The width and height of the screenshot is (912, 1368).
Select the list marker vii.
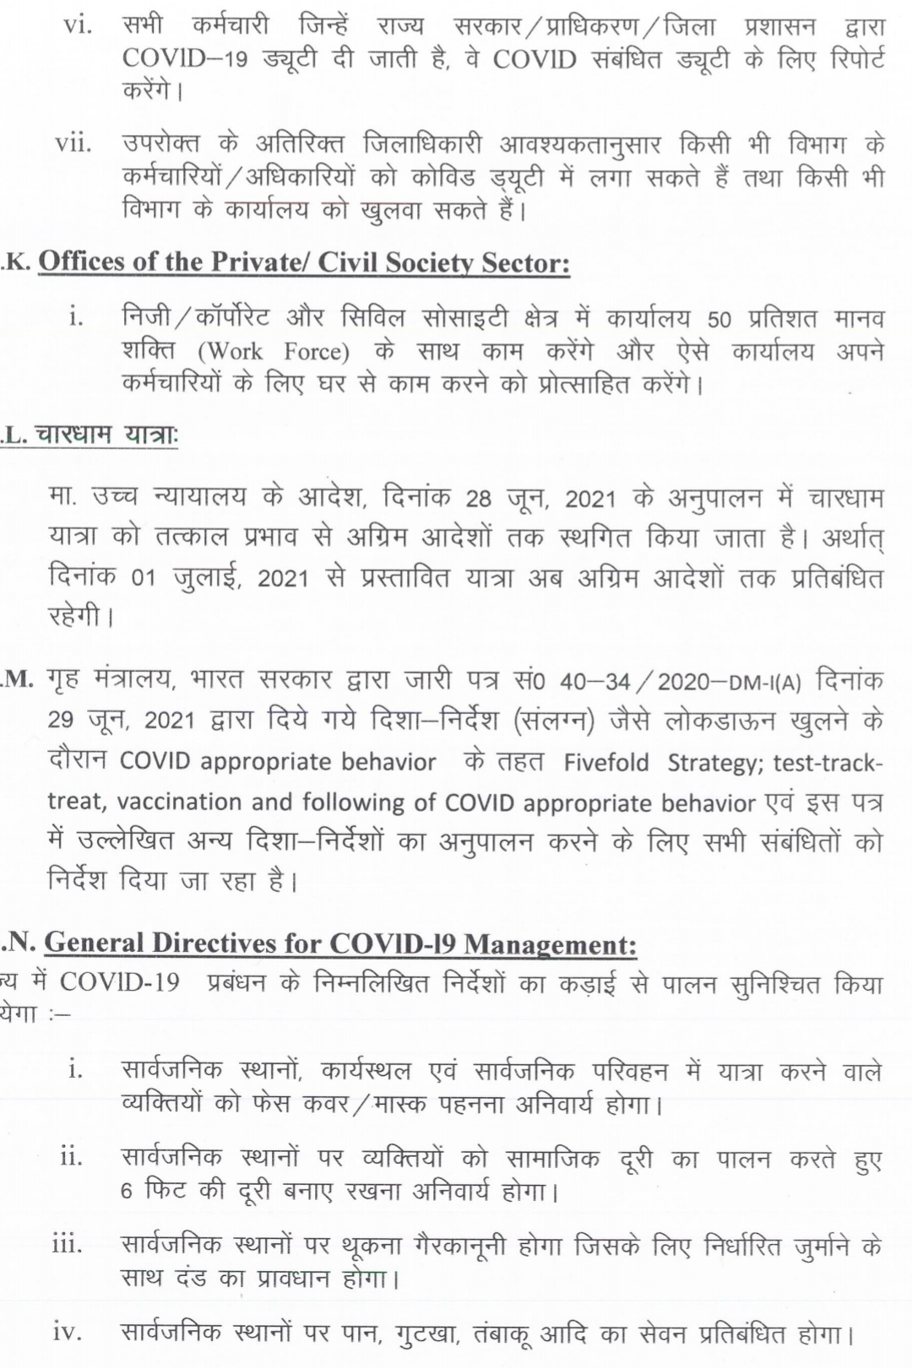[73, 144]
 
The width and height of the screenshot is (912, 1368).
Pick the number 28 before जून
[478, 499]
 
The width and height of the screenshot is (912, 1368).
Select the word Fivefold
[606, 763]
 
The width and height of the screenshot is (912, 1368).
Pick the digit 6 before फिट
[127, 1192]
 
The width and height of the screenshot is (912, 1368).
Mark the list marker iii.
[68, 1244]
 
